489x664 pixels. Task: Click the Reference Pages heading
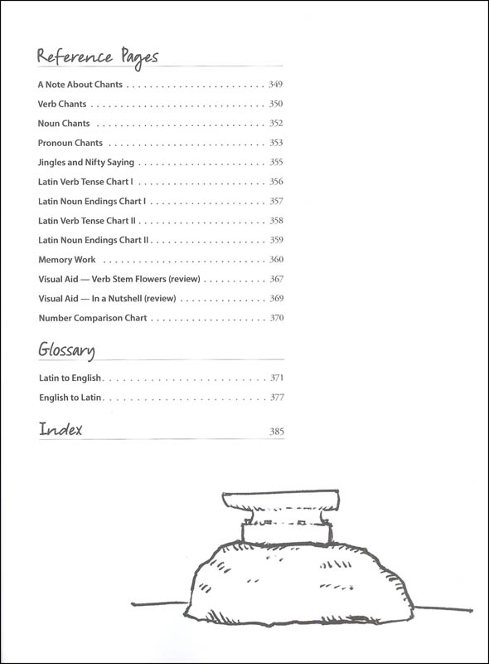click(x=98, y=57)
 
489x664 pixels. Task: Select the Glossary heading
click(x=66, y=350)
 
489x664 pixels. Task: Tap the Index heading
click(x=61, y=429)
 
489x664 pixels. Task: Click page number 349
click(x=275, y=85)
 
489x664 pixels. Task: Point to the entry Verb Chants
click(x=62, y=104)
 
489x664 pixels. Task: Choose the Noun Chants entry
click(x=64, y=123)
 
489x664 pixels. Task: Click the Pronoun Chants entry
click(x=70, y=143)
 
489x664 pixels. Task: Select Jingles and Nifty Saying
click(x=86, y=162)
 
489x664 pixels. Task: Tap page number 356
click(x=276, y=182)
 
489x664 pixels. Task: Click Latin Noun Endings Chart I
click(x=92, y=201)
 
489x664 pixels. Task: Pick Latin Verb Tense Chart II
click(x=87, y=221)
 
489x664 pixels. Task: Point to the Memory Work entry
click(x=67, y=260)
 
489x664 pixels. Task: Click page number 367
click(x=277, y=279)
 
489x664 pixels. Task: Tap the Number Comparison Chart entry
click(x=93, y=318)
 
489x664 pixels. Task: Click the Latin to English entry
click(x=70, y=378)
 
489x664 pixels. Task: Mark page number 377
click(x=277, y=398)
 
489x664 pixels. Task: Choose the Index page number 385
click(x=277, y=432)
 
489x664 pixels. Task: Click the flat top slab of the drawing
click(x=281, y=500)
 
